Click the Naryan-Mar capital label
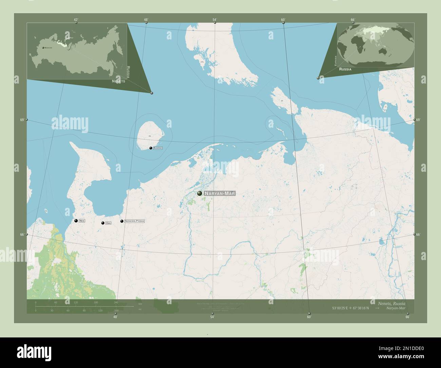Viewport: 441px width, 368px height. (x=219, y=194)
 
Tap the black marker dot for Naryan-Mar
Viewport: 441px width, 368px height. (x=199, y=194)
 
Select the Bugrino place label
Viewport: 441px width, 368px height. (x=158, y=148)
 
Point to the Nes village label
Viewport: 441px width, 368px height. (x=82, y=221)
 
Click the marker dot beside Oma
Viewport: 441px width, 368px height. (x=103, y=223)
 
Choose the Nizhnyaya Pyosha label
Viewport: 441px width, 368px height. (x=134, y=221)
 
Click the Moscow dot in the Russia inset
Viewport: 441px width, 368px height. (x=43, y=48)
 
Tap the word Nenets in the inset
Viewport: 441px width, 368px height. (x=118, y=81)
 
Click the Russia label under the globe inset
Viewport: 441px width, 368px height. (x=345, y=69)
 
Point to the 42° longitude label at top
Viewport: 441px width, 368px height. (x=76, y=20)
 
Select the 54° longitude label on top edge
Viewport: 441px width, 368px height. (x=215, y=20)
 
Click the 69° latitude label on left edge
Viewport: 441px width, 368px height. (x=22, y=120)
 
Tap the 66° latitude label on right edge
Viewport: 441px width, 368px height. (x=418, y=235)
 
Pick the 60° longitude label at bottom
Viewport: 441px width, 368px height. (x=309, y=317)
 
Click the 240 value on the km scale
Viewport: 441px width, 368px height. (x=116, y=302)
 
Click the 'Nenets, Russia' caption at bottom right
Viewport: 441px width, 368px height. (x=391, y=303)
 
